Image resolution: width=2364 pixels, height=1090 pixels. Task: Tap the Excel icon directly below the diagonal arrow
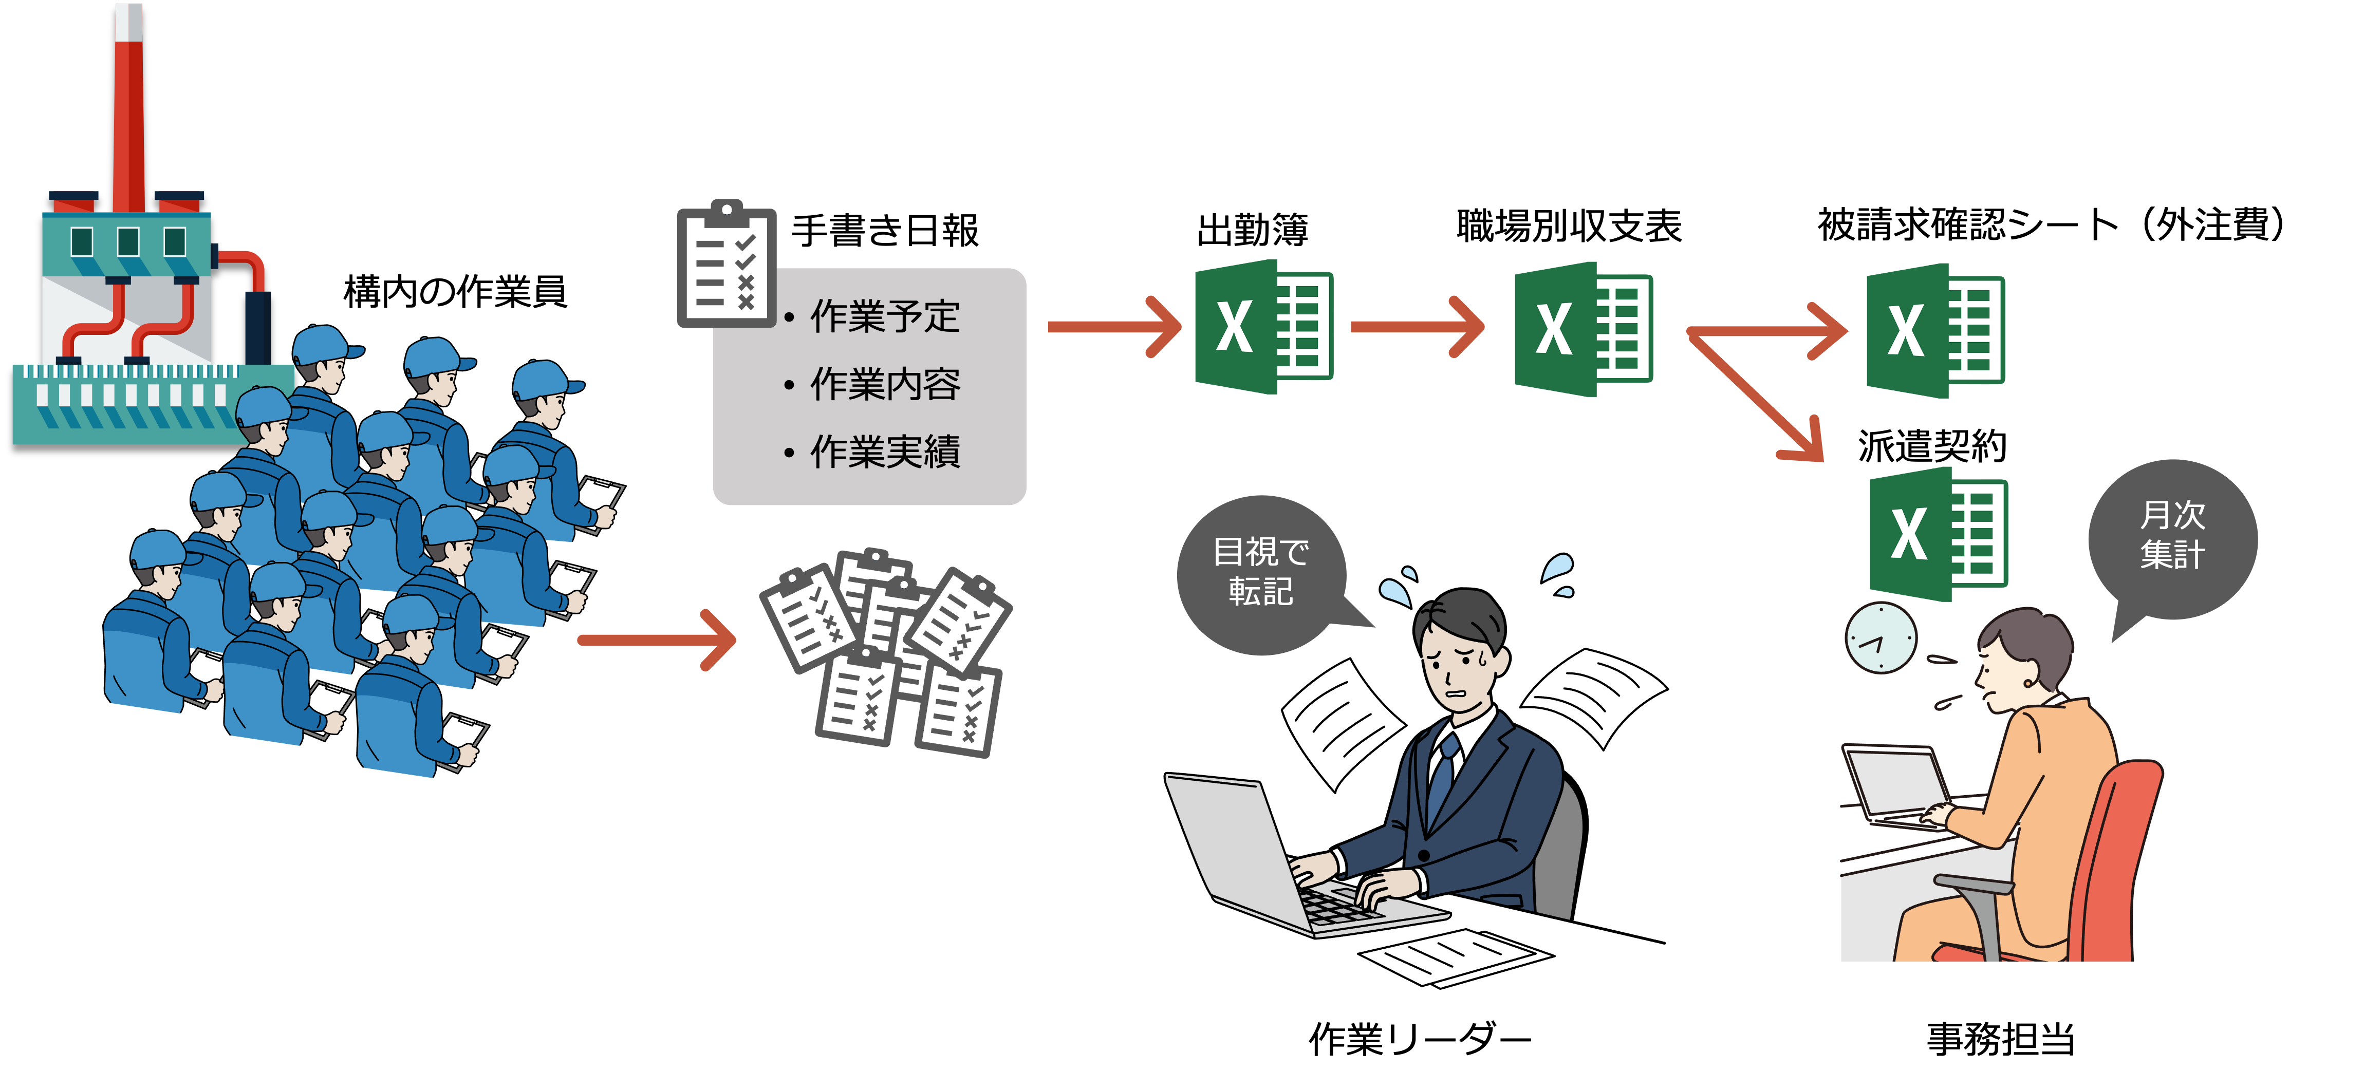pyautogui.click(x=1938, y=534)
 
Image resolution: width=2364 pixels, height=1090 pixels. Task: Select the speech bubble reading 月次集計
pyautogui.click(x=2172, y=537)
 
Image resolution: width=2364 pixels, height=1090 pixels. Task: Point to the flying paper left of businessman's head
pyautogui.click(x=1340, y=720)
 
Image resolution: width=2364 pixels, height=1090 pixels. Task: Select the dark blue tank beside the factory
pyautogui.click(x=257, y=326)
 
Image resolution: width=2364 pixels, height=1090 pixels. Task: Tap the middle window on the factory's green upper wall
pyautogui.click(x=127, y=241)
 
